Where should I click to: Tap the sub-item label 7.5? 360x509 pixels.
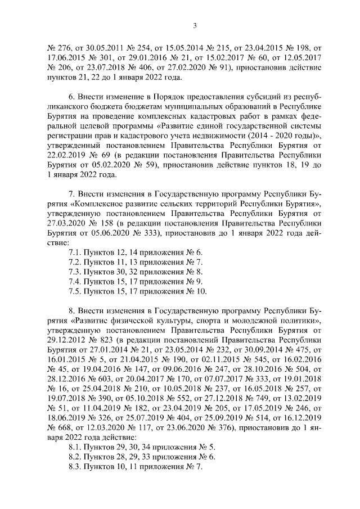coord(74,291)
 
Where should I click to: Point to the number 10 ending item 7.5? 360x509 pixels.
coord(202,291)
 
